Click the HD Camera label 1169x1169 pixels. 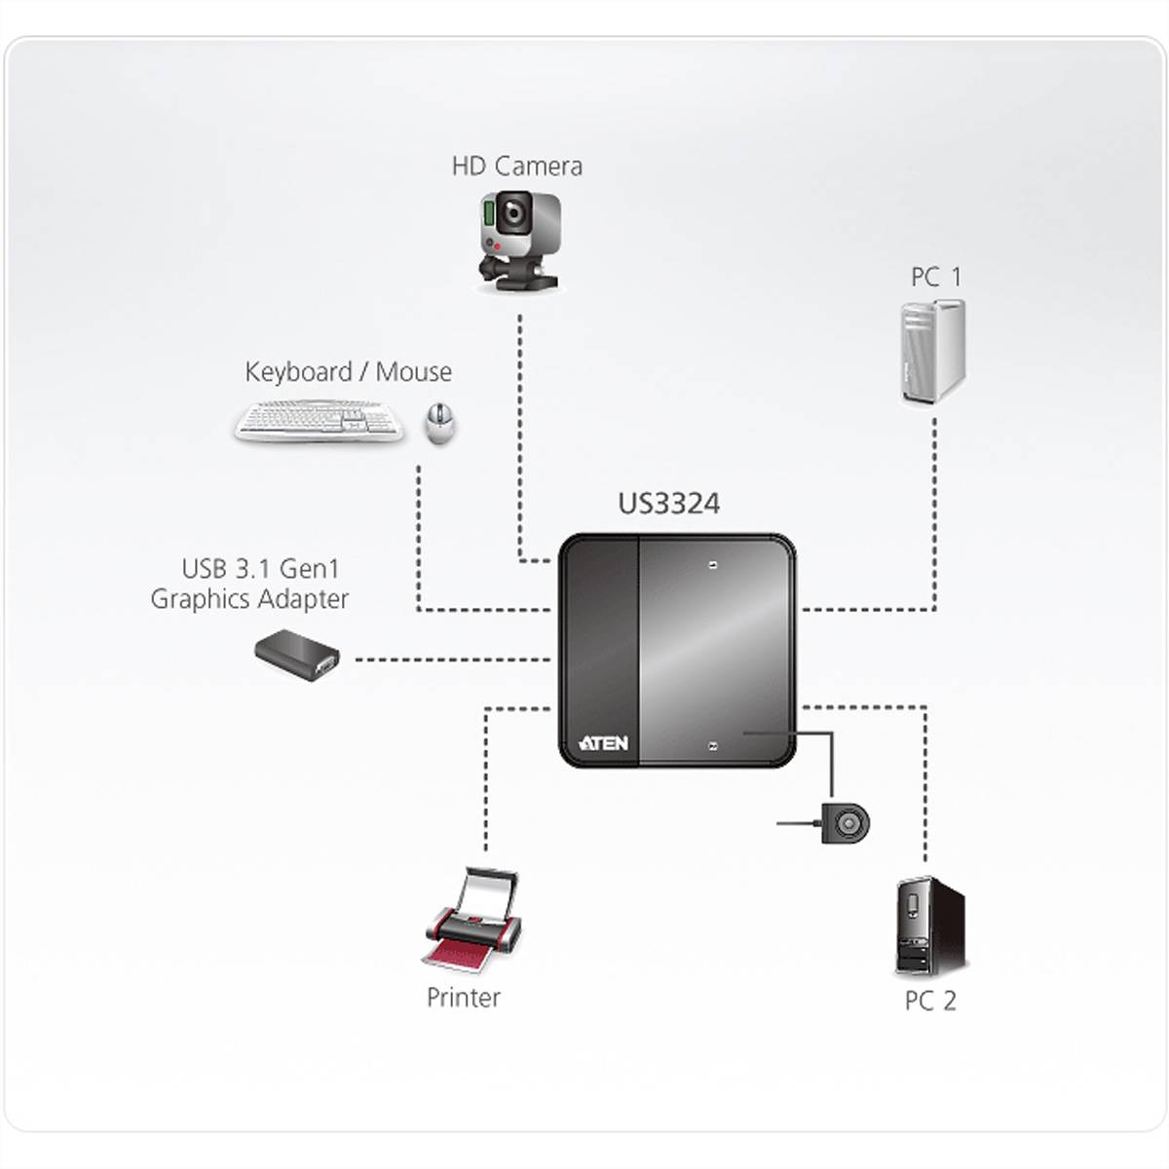click(516, 166)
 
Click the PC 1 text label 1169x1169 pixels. click(935, 278)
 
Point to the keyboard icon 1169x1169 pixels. click(321, 422)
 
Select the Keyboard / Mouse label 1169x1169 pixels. click(348, 372)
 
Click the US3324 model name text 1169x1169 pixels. click(669, 504)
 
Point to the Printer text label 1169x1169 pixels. click(464, 998)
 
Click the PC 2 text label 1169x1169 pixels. click(930, 1000)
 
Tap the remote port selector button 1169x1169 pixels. click(845, 823)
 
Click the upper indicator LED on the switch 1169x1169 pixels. click(714, 565)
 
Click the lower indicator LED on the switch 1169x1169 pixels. click(714, 747)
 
